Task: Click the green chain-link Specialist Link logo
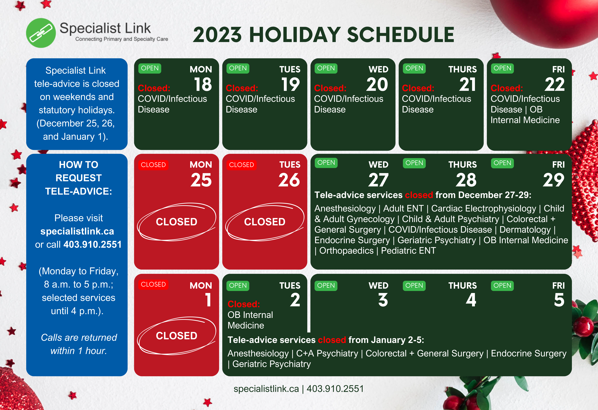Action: pos(41,33)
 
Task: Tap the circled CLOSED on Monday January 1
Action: pos(177,336)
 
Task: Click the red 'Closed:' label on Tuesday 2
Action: pos(244,304)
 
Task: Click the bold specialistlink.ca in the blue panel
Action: pos(77,231)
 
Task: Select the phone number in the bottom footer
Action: pos(335,389)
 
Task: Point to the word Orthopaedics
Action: pos(346,251)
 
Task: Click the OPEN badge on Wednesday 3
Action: pos(326,286)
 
